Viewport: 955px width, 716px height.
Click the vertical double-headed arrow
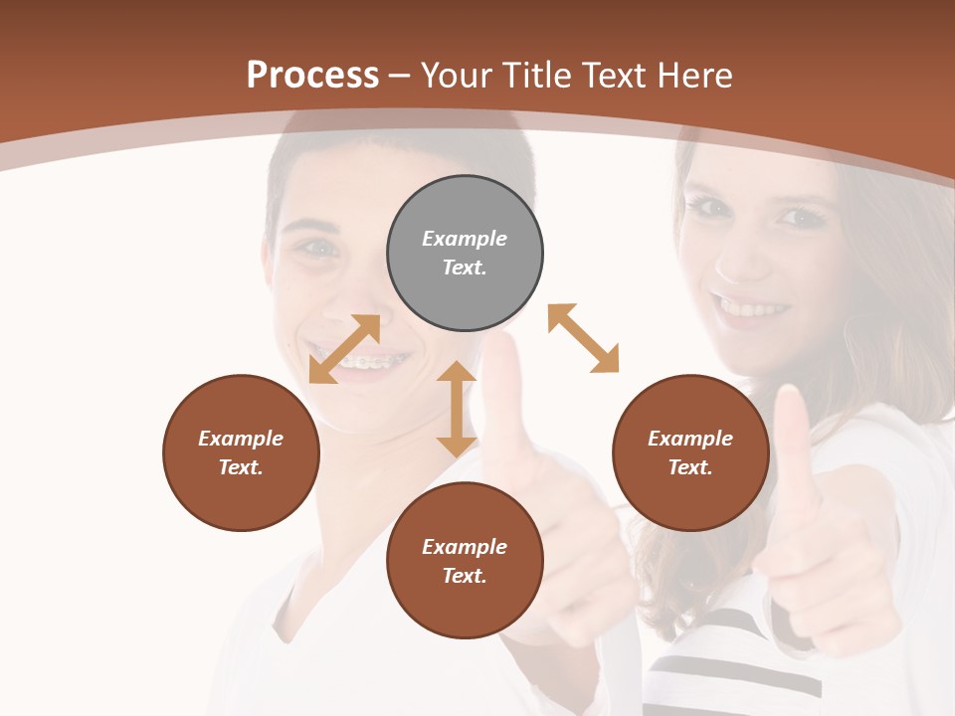click(x=457, y=409)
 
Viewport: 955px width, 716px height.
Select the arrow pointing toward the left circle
click(x=344, y=348)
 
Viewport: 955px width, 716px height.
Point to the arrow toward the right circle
click(x=583, y=338)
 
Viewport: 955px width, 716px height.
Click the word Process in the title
click(x=312, y=76)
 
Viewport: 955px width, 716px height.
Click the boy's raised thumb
click(x=503, y=383)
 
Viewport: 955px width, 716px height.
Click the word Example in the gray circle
click(x=465, y=239)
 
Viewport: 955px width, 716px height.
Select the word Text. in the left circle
click(x=241, y=467)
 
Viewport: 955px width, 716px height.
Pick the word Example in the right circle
click(x=690, y=439)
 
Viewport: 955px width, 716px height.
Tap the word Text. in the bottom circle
click(x=465, y=576)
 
